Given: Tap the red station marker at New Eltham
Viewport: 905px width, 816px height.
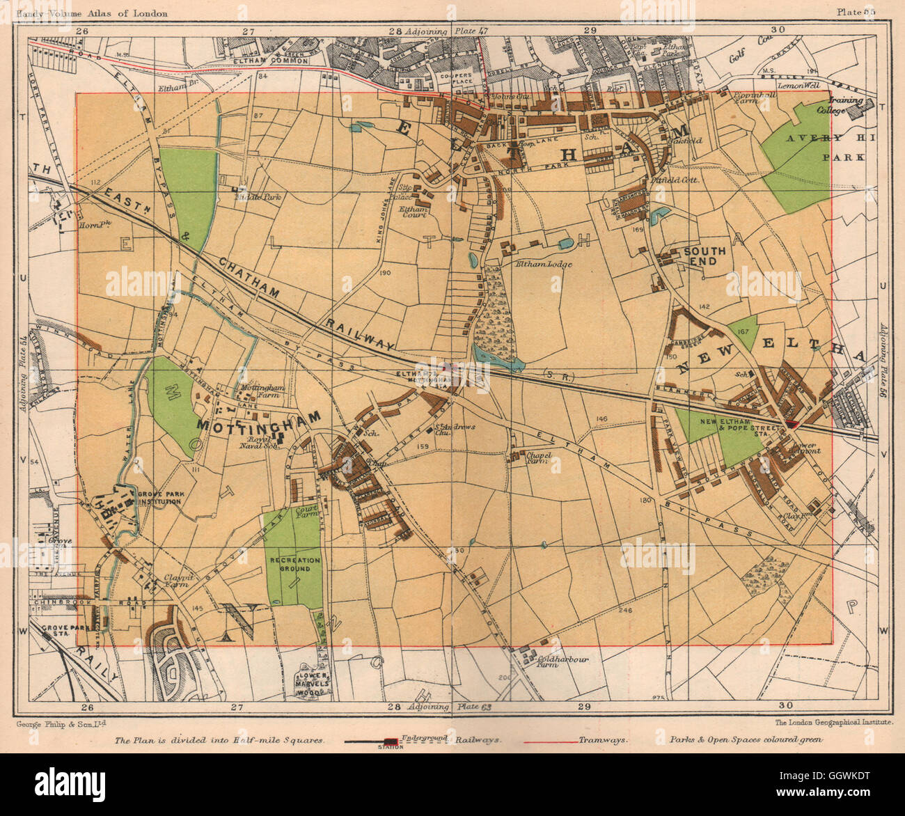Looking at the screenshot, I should pos(792,425).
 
